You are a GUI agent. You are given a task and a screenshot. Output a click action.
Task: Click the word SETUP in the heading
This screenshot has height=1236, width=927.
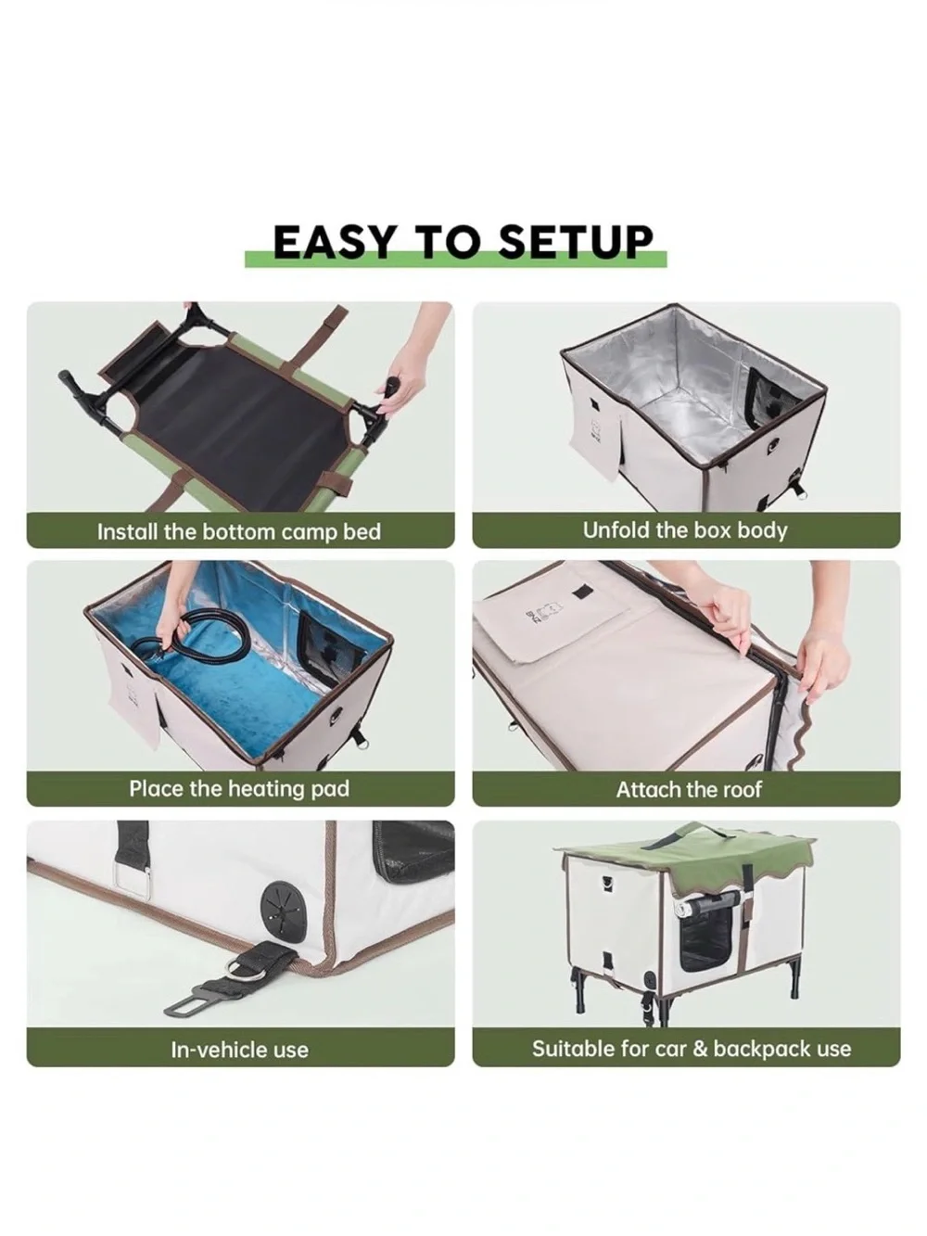coord(576,242)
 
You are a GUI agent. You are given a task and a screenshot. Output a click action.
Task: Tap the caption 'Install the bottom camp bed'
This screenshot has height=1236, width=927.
coord(238,531)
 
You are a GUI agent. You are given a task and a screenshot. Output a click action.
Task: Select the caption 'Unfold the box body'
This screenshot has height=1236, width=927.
coord(685,530)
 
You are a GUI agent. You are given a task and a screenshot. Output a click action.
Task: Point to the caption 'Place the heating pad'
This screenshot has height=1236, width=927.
coord(239,789)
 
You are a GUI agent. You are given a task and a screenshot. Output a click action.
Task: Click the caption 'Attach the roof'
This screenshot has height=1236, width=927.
coord(689,789)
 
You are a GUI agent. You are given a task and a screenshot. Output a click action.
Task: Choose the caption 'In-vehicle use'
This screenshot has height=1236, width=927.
coord(240,1051)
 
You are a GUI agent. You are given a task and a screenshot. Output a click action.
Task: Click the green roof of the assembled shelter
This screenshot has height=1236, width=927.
coord(686,857)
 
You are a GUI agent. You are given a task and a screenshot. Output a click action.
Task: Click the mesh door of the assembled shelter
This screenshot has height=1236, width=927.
coord(708,938)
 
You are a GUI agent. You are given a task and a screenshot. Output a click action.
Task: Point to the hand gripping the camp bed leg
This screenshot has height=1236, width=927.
coord(405,366)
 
